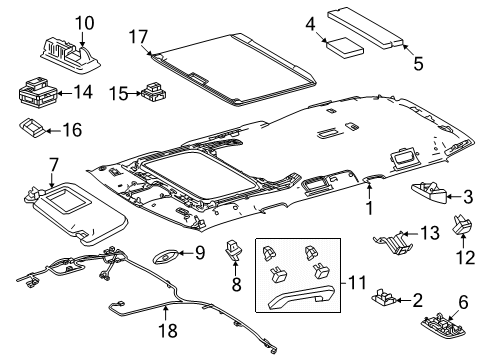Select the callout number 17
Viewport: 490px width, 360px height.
click(x=137, y=38)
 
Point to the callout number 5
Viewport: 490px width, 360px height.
click(x=418, y=63)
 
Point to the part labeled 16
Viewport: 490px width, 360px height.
click(x=35, y=127)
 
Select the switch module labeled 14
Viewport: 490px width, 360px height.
click(x=38, y=93)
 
